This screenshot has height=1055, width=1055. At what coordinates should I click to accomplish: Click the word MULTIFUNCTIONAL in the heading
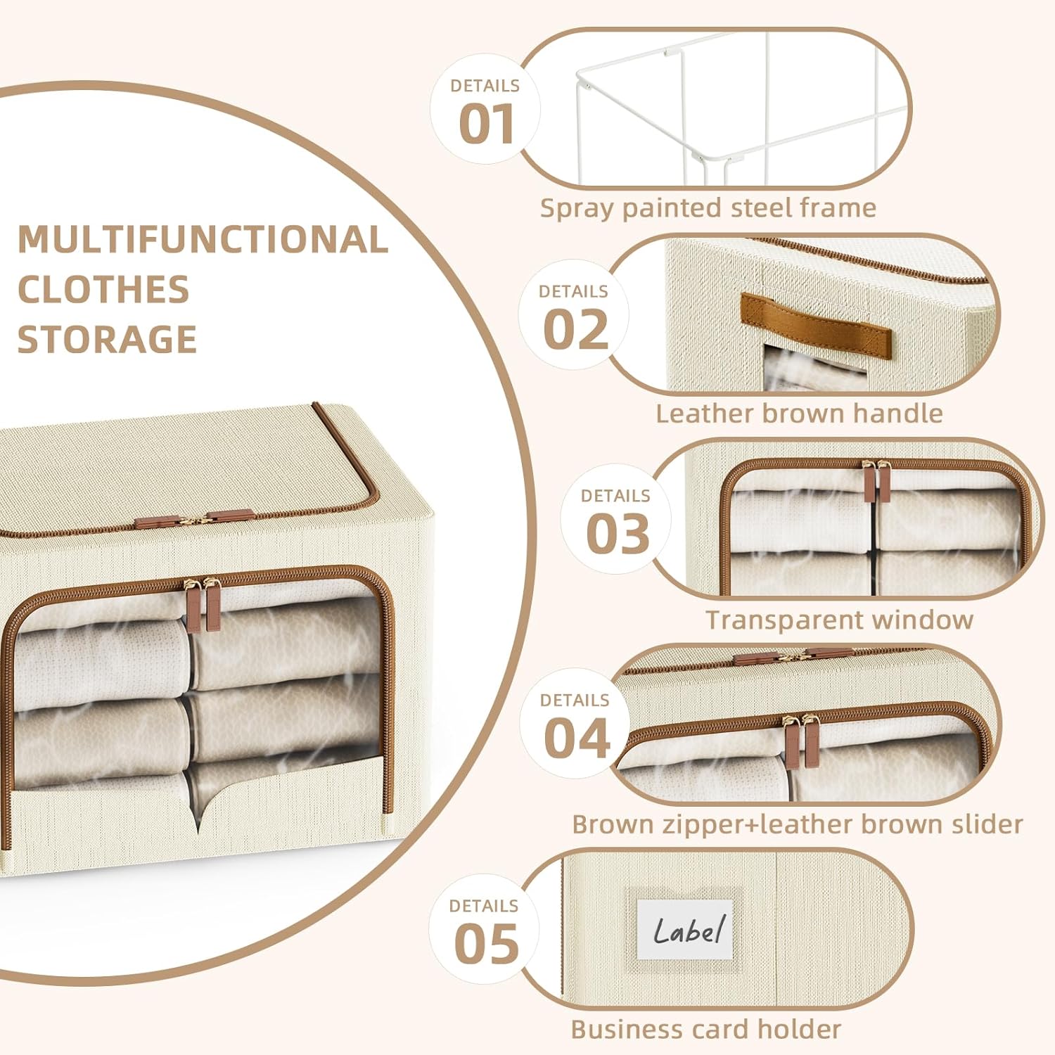203,240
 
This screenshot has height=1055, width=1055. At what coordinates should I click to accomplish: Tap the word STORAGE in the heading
107,340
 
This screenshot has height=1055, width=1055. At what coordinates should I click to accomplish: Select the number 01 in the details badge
486,124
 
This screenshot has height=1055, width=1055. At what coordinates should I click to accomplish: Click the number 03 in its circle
618,534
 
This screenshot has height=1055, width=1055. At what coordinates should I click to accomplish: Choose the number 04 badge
576,738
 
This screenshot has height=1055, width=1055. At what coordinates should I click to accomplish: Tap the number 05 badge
486,943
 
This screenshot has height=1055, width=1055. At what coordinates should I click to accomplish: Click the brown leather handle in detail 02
815,326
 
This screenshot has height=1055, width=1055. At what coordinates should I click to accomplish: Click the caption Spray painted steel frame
708,208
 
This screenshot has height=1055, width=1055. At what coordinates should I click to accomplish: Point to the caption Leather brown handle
799,414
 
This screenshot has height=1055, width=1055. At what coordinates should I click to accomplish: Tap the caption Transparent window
839,620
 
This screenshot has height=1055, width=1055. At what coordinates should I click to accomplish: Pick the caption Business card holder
705,1029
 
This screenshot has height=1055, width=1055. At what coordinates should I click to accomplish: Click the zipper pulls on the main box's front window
202,603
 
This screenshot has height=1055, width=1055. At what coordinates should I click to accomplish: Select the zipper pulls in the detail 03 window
876,481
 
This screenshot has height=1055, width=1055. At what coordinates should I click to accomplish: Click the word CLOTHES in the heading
103,290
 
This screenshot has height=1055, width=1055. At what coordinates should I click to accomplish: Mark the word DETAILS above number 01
485,86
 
